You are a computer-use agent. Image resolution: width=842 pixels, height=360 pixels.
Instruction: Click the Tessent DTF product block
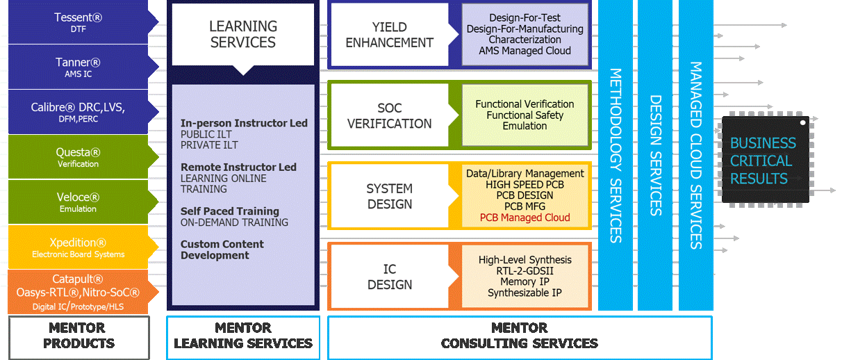coord(79,22)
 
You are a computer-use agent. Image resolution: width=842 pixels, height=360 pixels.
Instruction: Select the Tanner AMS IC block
coord(79,67)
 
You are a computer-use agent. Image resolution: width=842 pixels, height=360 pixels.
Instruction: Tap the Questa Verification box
coord(79,157)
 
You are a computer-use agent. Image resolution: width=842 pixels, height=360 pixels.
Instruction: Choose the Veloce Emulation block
coord(79,202)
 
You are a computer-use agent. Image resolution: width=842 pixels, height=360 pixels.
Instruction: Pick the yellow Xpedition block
coord(79,247)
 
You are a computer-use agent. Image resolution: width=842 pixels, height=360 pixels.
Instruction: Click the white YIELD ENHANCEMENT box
coord(390,35)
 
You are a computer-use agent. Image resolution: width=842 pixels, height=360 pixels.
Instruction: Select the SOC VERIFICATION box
coord(390,115)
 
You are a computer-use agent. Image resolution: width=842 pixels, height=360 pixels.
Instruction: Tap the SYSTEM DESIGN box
coord(390,196)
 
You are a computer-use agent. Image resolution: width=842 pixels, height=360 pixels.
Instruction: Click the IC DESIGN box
coord(390,277)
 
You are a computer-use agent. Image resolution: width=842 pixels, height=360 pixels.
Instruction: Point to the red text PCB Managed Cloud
coord(525,218)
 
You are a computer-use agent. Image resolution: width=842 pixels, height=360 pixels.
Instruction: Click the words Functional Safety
coord(525,115)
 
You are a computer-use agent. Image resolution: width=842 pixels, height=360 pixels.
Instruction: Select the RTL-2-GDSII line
coord(525,271)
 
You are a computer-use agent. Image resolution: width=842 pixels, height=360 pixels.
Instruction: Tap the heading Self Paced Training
coord(230,211)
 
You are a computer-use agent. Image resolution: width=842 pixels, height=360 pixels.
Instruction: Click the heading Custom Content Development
coord(222,249)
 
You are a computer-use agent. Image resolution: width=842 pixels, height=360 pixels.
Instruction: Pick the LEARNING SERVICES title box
coord(243,35)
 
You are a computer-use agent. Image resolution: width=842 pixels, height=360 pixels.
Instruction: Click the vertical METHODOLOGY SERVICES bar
coord(616,155)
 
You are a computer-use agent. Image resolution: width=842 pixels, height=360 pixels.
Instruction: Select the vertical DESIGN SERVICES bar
coord(655,155)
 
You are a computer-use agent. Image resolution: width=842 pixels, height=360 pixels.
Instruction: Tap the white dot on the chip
coord(802,122)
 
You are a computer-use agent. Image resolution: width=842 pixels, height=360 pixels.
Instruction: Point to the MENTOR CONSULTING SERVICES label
coord(520,336)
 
